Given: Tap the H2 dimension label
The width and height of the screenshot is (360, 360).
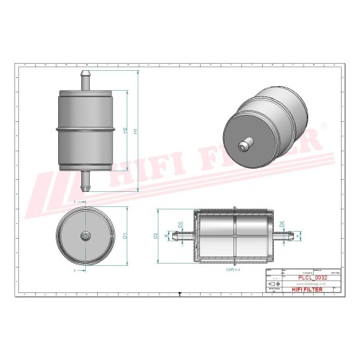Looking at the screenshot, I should pyautogui.click(x=123, y=130).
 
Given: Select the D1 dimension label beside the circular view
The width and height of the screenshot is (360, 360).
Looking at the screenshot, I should pyautogui.click(x=125, y=234).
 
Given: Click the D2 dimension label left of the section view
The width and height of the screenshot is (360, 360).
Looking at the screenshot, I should pyautogui.click(x=156, y=236).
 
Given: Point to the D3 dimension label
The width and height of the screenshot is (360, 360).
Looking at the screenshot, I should pyautogui.click(x=181, y=225).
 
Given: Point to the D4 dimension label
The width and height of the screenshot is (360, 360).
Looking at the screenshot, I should pyautogui.click(x=282, y=225).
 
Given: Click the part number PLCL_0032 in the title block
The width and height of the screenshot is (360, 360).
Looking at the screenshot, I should pyautogui.click(x=312, y=277).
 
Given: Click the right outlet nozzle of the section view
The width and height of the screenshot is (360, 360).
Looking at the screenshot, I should pyautogui.click(x=290, y=237).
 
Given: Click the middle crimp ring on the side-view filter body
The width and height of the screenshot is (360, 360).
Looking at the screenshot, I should pyautogui.click(x=84, y=128).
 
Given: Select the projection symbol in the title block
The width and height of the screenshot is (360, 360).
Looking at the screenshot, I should pyautogui.click(x=276, y=284).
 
